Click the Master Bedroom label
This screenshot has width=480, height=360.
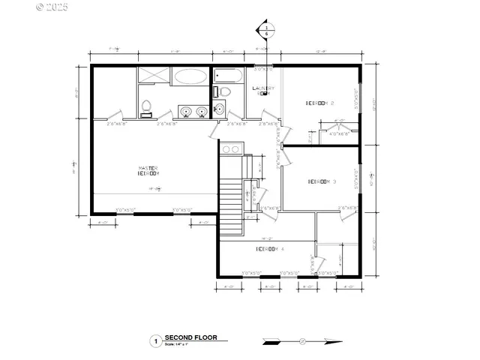click(x=148, y=170)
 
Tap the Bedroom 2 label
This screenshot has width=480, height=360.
click(x=319, y=102)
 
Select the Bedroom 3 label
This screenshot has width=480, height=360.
click(x=322, y=181)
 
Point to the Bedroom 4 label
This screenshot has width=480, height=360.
click(x=269, y=248)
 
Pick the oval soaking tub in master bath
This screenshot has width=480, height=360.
click(x=190, y=76)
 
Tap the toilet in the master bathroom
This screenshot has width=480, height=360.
click(x=147, y=107)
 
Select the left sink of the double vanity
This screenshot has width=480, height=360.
click(x=185, y=112)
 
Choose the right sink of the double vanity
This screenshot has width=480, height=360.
click(x=201, y=112)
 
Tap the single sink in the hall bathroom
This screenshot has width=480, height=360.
click(x=219, y=109)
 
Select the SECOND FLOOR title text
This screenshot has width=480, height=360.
click(x=190, y=337)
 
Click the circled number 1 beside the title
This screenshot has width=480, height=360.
click(x=155, y=340)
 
